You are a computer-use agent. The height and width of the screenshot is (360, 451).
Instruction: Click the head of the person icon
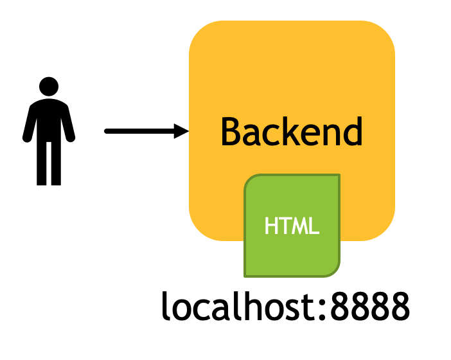49,86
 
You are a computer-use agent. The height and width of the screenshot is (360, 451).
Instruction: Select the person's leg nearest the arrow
56,163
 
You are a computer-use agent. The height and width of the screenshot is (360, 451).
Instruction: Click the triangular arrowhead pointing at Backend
181,131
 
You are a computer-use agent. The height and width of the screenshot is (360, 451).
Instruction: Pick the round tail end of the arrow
107,131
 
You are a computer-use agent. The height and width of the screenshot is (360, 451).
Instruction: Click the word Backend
292,132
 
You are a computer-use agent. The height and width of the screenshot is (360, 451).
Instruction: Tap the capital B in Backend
231,132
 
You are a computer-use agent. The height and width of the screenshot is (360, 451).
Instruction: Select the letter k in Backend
288,130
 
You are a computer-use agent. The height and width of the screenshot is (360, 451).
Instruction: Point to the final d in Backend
353,132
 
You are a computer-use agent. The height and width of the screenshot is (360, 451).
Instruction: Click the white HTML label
292,226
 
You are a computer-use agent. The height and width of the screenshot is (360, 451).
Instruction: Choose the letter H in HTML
271,226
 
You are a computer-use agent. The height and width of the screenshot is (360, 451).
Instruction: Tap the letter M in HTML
300,226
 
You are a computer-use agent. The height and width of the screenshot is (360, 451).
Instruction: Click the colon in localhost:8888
323,309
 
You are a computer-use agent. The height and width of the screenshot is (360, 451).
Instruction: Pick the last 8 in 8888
400,306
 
